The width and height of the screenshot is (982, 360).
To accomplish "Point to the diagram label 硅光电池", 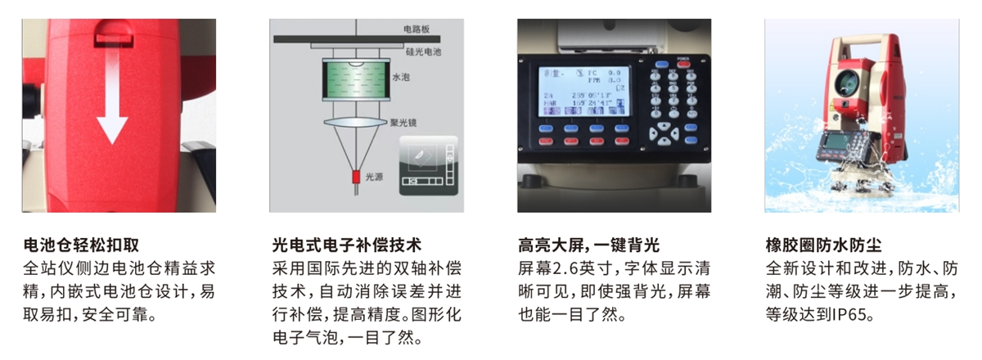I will pyautogui.click(x=423, y=52).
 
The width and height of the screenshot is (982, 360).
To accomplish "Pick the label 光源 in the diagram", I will pyautogui.click(x=374, y=175).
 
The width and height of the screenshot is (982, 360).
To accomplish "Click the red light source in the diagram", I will pyautogui.click(x=357, y=175).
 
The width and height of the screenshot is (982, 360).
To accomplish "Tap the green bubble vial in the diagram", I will pyautogui.click(x=357, y=82).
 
